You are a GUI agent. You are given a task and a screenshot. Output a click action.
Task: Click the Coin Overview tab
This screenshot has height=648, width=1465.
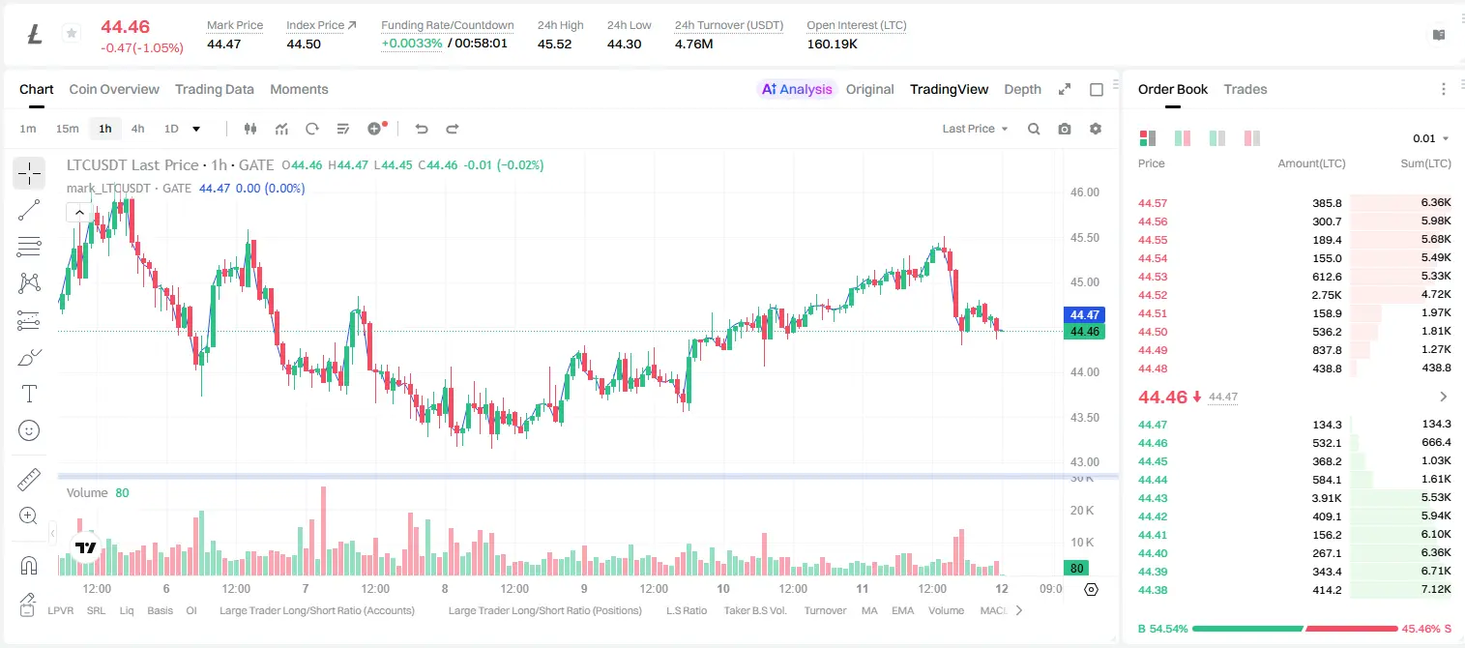[114, 89]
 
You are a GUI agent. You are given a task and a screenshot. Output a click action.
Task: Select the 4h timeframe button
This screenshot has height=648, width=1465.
[137, 129]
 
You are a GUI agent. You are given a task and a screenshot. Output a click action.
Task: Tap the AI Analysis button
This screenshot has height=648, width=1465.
[797, 89]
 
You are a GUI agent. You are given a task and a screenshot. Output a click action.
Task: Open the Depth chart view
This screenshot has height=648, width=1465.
[1022, 89]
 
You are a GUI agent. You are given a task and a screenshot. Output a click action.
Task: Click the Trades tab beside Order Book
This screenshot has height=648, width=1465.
[1245, 89]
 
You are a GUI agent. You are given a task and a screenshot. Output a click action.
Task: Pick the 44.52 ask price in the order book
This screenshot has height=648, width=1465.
[1153, 295]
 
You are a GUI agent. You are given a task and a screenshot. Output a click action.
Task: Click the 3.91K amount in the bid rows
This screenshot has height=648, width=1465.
[1327, 498]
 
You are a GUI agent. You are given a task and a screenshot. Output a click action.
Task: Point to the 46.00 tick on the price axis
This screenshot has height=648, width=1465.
[1084, 192]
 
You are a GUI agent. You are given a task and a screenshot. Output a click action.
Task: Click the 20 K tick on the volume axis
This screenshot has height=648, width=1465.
[1082, 510]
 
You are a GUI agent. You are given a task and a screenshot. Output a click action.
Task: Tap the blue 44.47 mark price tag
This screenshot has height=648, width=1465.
[1084, 314]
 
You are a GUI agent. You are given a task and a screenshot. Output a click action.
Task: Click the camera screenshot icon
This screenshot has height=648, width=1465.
[1065, 129]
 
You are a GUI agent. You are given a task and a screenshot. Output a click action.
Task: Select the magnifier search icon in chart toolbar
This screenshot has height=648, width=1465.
[1034, 129]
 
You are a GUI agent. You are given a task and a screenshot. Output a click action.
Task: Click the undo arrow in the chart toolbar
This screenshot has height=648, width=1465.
[422, 129]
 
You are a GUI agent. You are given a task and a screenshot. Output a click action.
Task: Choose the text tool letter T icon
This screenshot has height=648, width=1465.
[29, 394]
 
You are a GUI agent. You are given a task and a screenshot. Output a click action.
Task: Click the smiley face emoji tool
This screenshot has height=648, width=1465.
[29, 430]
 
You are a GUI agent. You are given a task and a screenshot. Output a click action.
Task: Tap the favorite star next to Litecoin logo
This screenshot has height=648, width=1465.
[72, 33]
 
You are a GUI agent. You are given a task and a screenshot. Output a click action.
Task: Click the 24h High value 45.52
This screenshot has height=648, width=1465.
[555, 44]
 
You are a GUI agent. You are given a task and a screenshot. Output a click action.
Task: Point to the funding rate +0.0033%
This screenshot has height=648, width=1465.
[411, 44]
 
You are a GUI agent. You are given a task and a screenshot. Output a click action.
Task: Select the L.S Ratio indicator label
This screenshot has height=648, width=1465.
[686, 610]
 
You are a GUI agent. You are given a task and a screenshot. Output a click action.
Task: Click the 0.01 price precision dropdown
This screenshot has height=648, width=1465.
[1431, 138]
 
